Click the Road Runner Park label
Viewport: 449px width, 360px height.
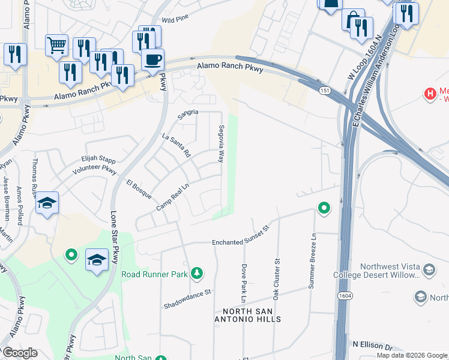click(x=155, y=274)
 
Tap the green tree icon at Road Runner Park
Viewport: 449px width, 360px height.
click(x=196, y=274)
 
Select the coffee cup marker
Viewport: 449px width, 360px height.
click(x=152, y=61)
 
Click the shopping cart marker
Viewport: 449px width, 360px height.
click(x=56, y=44)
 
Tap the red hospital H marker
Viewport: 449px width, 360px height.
click(x=430, y=94)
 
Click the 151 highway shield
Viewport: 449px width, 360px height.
click(x=324, y=90)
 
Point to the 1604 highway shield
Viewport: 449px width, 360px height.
click(x=345, y=296)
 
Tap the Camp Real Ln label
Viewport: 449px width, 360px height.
click(x=173, y=197)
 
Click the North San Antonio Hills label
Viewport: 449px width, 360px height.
click(x=252, y=315)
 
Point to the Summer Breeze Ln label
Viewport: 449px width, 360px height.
click(x=312, y=262)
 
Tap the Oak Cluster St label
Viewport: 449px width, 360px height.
click(x=277, y=280)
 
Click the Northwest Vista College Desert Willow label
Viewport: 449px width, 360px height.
click(x=389, y=271)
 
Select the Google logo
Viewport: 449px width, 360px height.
click(x=19, y=353)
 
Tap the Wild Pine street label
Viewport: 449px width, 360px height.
click(x=175, y=20)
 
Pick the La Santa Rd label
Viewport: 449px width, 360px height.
click(x=176, y=145)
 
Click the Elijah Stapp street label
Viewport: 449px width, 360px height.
click(x=98, y=160)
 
